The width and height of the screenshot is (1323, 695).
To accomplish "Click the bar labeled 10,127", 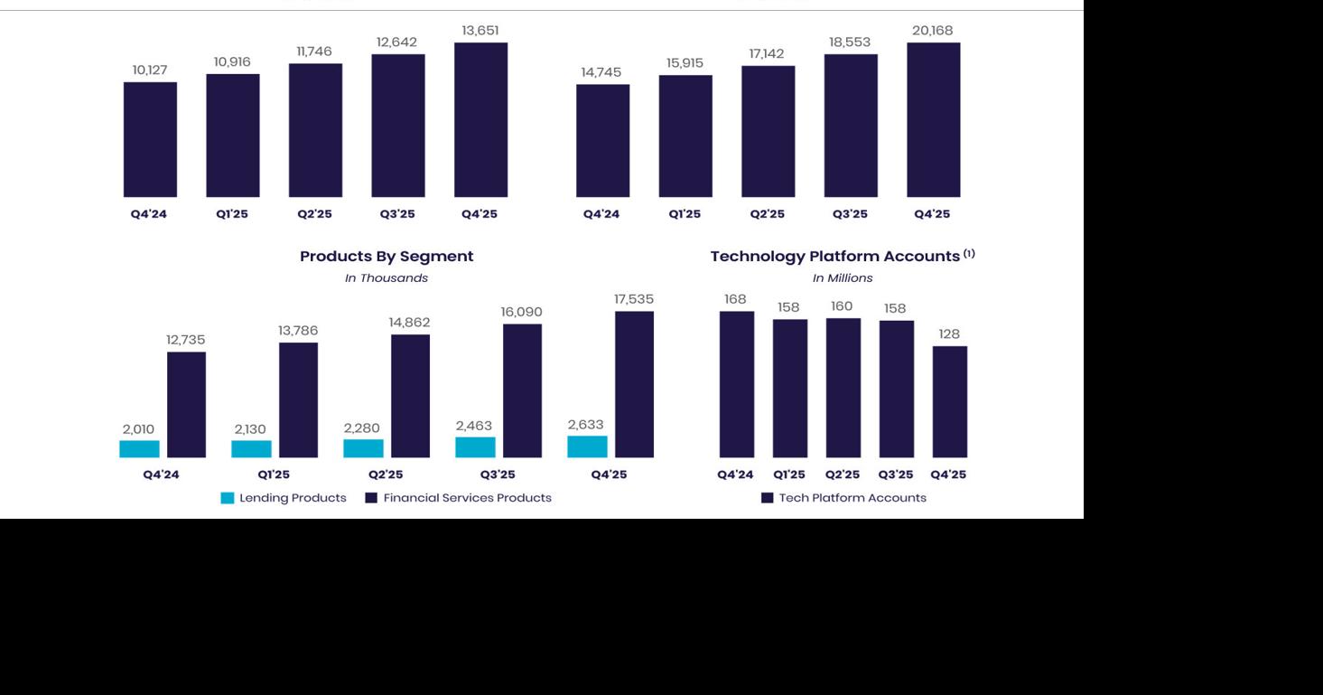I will pos(150,139).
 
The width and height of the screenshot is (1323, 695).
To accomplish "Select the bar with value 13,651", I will pos(480,119).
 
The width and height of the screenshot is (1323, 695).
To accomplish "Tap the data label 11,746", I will pos(314,52).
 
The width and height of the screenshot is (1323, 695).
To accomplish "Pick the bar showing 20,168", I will pos(933,119).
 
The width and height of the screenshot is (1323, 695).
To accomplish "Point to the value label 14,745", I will pos(601,72).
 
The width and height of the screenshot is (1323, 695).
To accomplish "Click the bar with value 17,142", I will pos(768,131).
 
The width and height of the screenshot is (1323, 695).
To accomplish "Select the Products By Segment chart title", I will pos(387,257).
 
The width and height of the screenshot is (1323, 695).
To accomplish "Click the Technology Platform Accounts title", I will pos(835,257).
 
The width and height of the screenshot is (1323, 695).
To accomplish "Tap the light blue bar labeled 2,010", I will pos(139,449).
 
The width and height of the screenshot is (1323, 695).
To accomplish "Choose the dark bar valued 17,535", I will pos(634,384).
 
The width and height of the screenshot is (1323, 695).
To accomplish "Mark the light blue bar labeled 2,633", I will pos(587,446).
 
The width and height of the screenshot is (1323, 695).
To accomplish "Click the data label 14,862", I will pos(409,323).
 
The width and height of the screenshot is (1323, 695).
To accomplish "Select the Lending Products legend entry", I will pos(284,498).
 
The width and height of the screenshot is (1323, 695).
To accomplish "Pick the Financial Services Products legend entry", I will pos(458,498).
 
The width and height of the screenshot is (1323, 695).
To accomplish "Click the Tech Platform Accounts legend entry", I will pos(843,498).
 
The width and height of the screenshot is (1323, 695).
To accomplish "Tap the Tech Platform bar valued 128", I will pos(949,401).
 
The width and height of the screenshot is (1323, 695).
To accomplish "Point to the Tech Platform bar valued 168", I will pos(736,384).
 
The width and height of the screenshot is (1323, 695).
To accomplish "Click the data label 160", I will pos(842,306).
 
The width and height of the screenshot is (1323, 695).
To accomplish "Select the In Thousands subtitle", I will pos(387,278).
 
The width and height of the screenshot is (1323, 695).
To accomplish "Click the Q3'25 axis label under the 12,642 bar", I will pos(397,214).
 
